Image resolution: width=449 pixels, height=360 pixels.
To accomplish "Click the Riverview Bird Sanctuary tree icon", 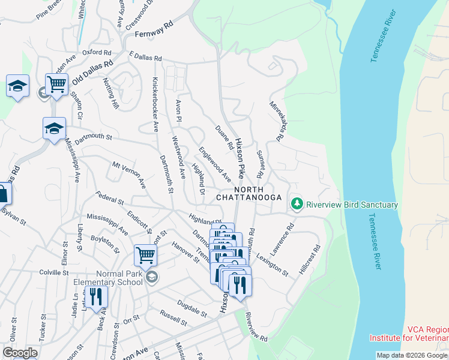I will pyautogui.click(x=297, y=205).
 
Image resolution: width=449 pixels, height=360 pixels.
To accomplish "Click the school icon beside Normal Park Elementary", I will pyautogui.click(x=152, y=277).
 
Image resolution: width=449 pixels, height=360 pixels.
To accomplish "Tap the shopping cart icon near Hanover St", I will pyautogui.click(x=145, y=255).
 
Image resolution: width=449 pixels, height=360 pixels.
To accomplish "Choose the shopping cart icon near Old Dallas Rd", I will pyautogui.click(x=56, y=85).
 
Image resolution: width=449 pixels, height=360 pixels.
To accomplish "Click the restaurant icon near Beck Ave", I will pyautogui.click(x=95, y=296).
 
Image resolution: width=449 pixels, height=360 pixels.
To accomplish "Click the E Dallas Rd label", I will pyautogui.click(x=145, y=58).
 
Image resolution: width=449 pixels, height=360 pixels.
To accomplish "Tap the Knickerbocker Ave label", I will pyautogui.click(x=155, y=104).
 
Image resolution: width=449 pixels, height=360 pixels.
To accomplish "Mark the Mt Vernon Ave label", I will pyautogui.click(x=129, y=175).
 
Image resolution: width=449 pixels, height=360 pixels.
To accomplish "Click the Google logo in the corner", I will pyautogui.click(x=19, y=353).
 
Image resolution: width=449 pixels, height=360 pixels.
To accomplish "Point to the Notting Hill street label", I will pyautogui.click(x=111, y=94).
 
